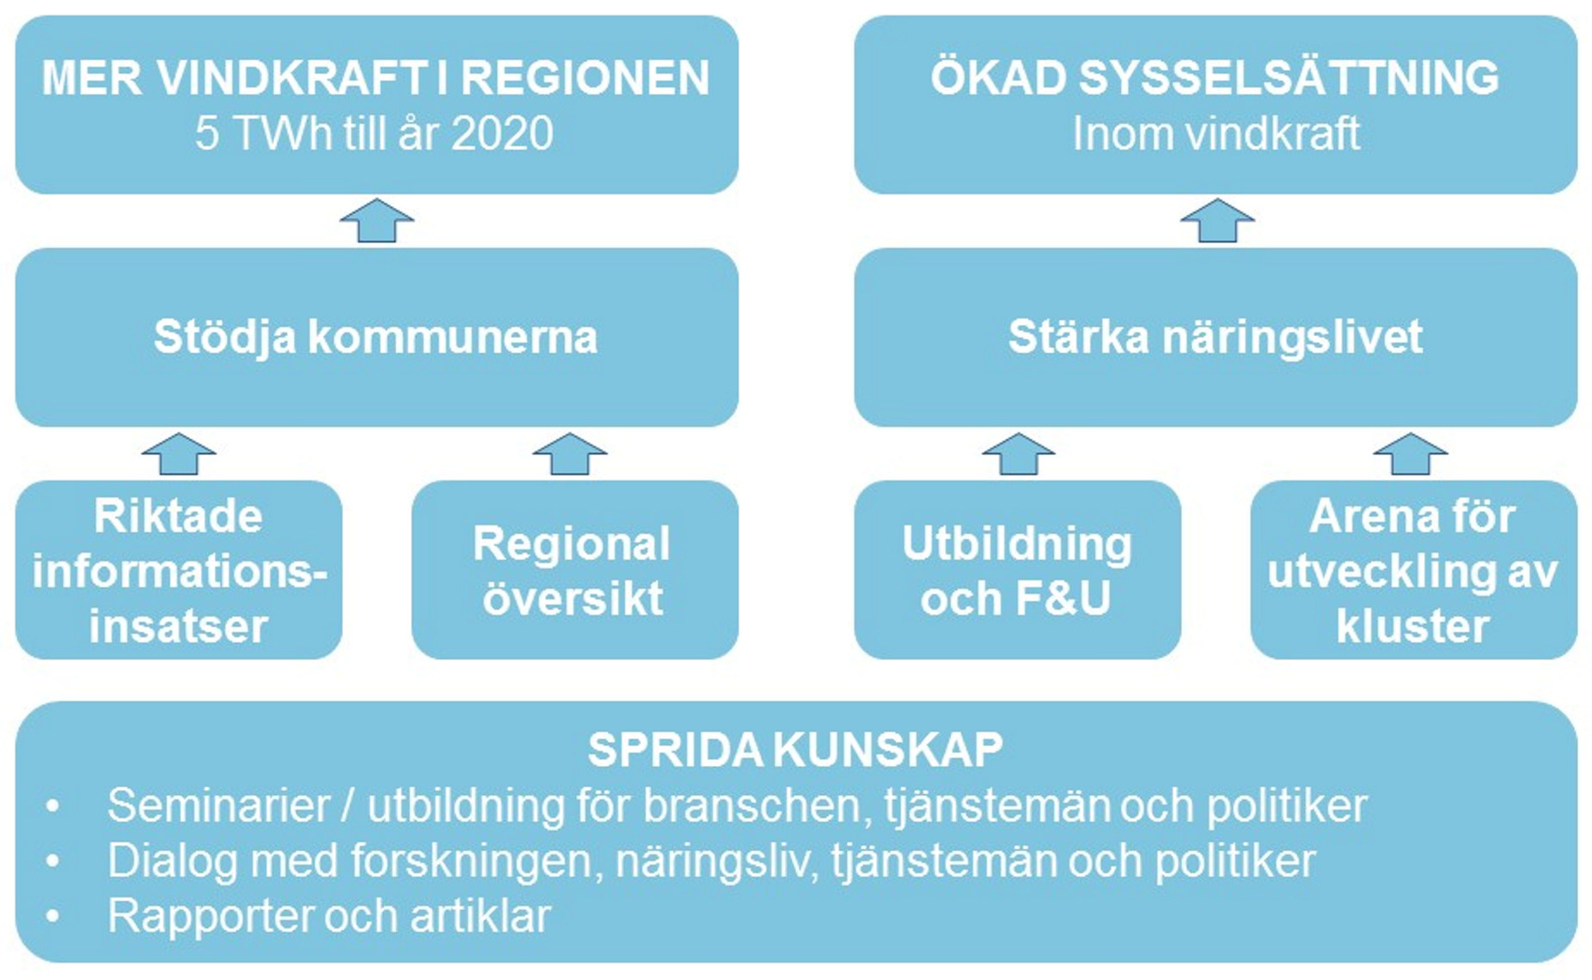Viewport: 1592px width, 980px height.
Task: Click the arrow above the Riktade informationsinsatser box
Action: [179, 454]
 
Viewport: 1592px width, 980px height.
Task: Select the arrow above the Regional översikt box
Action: [570, 454]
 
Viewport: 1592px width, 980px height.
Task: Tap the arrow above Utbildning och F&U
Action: [1019, 454]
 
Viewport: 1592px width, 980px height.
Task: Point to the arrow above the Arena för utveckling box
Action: [1411, 454]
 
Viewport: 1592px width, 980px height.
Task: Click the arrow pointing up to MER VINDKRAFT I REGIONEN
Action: [377, 221]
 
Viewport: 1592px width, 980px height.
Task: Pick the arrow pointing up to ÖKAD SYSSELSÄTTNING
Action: [1217, 221]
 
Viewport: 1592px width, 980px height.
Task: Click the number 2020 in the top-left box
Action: [502, 134]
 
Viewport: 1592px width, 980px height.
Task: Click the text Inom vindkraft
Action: [1215, 134]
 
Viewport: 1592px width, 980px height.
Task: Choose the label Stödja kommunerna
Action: [376, 337]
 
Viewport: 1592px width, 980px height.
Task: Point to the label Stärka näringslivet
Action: [1215, 337]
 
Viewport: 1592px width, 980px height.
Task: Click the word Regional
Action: [572, 545]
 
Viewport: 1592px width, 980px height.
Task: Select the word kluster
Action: [1412, 626]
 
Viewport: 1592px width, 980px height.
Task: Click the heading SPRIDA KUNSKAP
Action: [795, 750]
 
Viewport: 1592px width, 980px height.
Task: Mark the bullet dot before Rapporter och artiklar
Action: [53, 916]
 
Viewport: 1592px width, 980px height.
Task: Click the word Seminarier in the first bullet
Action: [218, 806]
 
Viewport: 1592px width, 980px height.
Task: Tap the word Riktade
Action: [178, 517]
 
